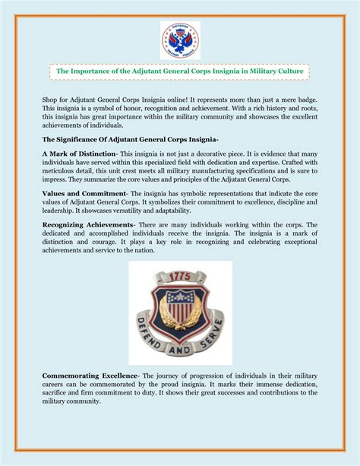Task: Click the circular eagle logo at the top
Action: click(x=180, y=40)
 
